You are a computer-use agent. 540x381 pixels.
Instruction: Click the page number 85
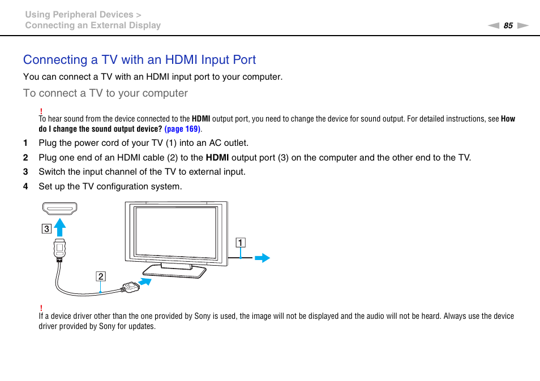click(508, 25)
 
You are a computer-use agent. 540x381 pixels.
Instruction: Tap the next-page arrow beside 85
click(522, 25)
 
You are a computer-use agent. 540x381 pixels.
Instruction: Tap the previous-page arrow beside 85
click(494, 25)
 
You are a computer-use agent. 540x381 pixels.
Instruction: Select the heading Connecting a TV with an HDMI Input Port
click(139, 60)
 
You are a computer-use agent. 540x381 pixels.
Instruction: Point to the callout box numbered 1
click(241, 243)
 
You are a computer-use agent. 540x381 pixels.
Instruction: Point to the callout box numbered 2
click(100, 276)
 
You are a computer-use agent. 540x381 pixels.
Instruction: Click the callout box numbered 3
click(46, 229)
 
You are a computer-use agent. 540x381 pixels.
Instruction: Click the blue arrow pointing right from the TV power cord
click(262, 258)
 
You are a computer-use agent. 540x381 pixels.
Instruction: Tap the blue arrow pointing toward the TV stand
click(146, 280)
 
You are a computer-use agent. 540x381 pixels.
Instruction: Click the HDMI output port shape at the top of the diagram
click(59, 209)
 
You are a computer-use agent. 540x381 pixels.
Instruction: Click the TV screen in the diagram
click(175, 232)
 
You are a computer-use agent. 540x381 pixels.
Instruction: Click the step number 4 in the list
click(25, 187)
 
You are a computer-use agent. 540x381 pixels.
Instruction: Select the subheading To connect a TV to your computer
click(105, 93)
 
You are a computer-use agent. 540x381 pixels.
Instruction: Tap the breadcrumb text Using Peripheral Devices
click(79, 15)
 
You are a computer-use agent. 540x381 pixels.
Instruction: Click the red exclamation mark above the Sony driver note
click(41, 308)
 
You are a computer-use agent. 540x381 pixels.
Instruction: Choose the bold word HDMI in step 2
click(217, 158)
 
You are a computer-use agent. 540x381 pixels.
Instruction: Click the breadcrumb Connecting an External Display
click(93, 25)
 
